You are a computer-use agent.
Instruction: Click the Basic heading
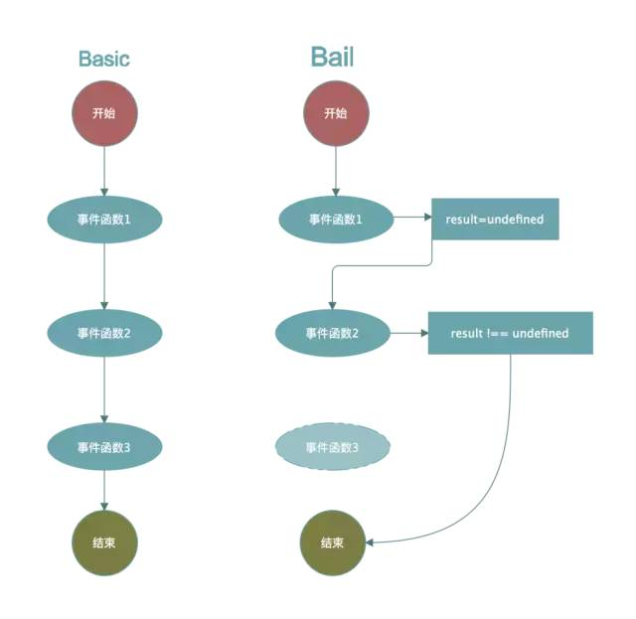pyautogui.click(x=104, y=59)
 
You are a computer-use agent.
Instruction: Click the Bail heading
pyautogui.click(x=332, y=57)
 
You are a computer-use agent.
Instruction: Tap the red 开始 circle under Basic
pyautogui.click(x=104, y=112)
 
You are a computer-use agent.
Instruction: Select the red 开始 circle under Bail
pyautogui.click(x=335, y=112)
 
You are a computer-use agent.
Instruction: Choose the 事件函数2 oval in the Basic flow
pyautogui.click(x=104, y=333)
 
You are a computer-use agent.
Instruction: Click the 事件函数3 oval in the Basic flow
pyautogui.click(x=104, y=447)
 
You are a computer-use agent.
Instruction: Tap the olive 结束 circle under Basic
pyautogui.click(x=104, y=543)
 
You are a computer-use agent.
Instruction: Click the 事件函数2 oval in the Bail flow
pyautogui.click(x=332, y=333)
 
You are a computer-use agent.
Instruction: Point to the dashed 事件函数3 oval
pyautogui.click(x=332, y=447)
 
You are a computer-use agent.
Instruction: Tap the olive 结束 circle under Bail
pyautogui.click(x=332, y=543)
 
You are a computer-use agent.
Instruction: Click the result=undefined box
pyautogui.click(x=495, y=219)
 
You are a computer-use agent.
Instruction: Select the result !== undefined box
pyautogui.click(x=510, y=333)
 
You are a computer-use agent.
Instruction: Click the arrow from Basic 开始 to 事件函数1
pyautogui.click(x=104, y=169)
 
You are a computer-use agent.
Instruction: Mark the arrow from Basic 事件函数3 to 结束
pyautogui.click(x=104, y=495)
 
